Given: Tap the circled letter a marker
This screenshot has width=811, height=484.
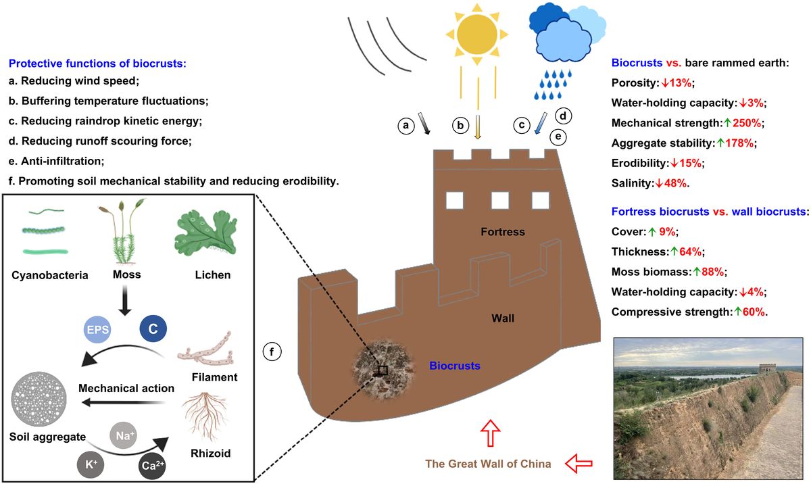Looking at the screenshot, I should pyautogui.click(x=406, y=125).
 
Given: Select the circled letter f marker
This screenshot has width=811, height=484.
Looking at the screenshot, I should pyautogui.click(x=272, y=352).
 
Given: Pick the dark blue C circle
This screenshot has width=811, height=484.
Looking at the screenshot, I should pyautogui.click(x=153, y=329).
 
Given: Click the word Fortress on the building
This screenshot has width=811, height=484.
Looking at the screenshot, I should pyautogui.click(x=502, y=232).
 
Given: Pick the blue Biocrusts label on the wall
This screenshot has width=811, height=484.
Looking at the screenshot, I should pyautogui.click(x=454, y=366).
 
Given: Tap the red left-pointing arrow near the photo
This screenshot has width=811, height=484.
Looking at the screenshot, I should pyautogui.click(x=579, y=464).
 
